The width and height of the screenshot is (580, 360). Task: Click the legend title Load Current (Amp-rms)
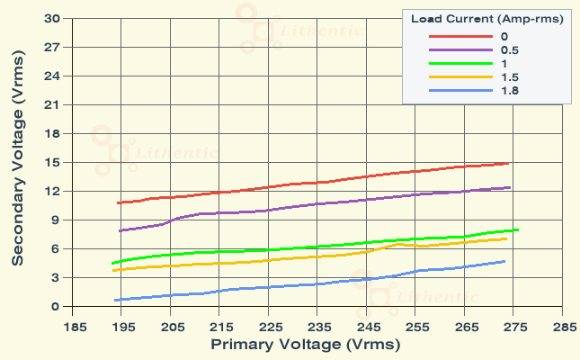point(486,19)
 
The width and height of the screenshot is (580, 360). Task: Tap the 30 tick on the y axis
point(52,18)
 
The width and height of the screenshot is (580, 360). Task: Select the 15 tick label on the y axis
point(52,162)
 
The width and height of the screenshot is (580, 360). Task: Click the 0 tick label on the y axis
point(56,306)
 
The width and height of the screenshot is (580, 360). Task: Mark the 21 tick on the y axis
point(52,104)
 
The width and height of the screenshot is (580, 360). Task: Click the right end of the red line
point(509,163)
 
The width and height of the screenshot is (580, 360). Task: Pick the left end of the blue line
point(115,300)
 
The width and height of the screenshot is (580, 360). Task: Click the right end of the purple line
point(510,187)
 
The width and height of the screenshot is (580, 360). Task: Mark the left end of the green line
point(112,263)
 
